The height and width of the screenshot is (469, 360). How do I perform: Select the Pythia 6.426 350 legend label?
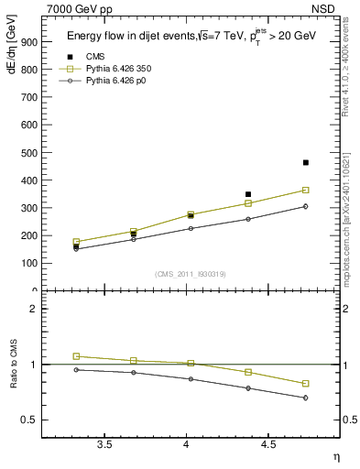point(118,68)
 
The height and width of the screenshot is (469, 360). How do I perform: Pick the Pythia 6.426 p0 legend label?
point(115,80)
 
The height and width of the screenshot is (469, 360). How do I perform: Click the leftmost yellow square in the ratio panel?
point(76,355)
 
